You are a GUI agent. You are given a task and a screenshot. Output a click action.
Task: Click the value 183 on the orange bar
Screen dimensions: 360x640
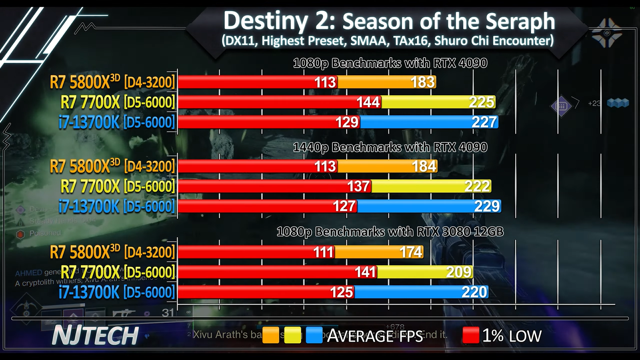click(422, 82)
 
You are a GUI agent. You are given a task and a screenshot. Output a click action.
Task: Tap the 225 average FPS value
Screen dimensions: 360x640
click(481, 102)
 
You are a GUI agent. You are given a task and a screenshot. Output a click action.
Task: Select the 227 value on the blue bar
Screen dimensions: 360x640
click(484, 122)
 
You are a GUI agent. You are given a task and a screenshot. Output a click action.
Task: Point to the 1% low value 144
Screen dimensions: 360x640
click(368, 102)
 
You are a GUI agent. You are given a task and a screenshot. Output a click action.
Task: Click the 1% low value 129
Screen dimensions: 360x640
click(347, 122)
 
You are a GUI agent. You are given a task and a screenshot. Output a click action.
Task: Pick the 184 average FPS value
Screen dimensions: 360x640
click(424, 166)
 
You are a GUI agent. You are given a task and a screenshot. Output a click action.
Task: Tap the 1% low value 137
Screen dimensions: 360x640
click(358, 186)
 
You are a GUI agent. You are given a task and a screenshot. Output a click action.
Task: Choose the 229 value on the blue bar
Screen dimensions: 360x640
click(487, 206)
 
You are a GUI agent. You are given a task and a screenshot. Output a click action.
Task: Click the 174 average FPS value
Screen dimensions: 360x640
click(411, 252)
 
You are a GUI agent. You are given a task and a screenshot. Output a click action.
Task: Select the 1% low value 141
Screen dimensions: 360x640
click(365, 272)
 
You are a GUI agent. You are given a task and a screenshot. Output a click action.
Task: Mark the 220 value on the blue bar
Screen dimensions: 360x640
click(474, 292)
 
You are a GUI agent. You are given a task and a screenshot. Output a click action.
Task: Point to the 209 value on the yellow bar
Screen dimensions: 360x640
click(459, 272)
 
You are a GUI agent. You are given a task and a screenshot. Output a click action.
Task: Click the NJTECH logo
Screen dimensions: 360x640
click(95, 336)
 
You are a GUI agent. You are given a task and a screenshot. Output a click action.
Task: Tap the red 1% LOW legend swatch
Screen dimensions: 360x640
click(471, 336)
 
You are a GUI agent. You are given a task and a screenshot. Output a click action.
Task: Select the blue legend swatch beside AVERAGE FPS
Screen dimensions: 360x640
click(314, 336)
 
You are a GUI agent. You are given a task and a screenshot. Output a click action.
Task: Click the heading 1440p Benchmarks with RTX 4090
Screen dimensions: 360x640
click(390, 148)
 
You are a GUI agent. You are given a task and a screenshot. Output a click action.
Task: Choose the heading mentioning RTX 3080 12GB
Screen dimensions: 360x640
click(390, 232)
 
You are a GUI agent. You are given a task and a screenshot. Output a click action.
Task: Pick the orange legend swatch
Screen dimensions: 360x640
click(271, 336)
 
